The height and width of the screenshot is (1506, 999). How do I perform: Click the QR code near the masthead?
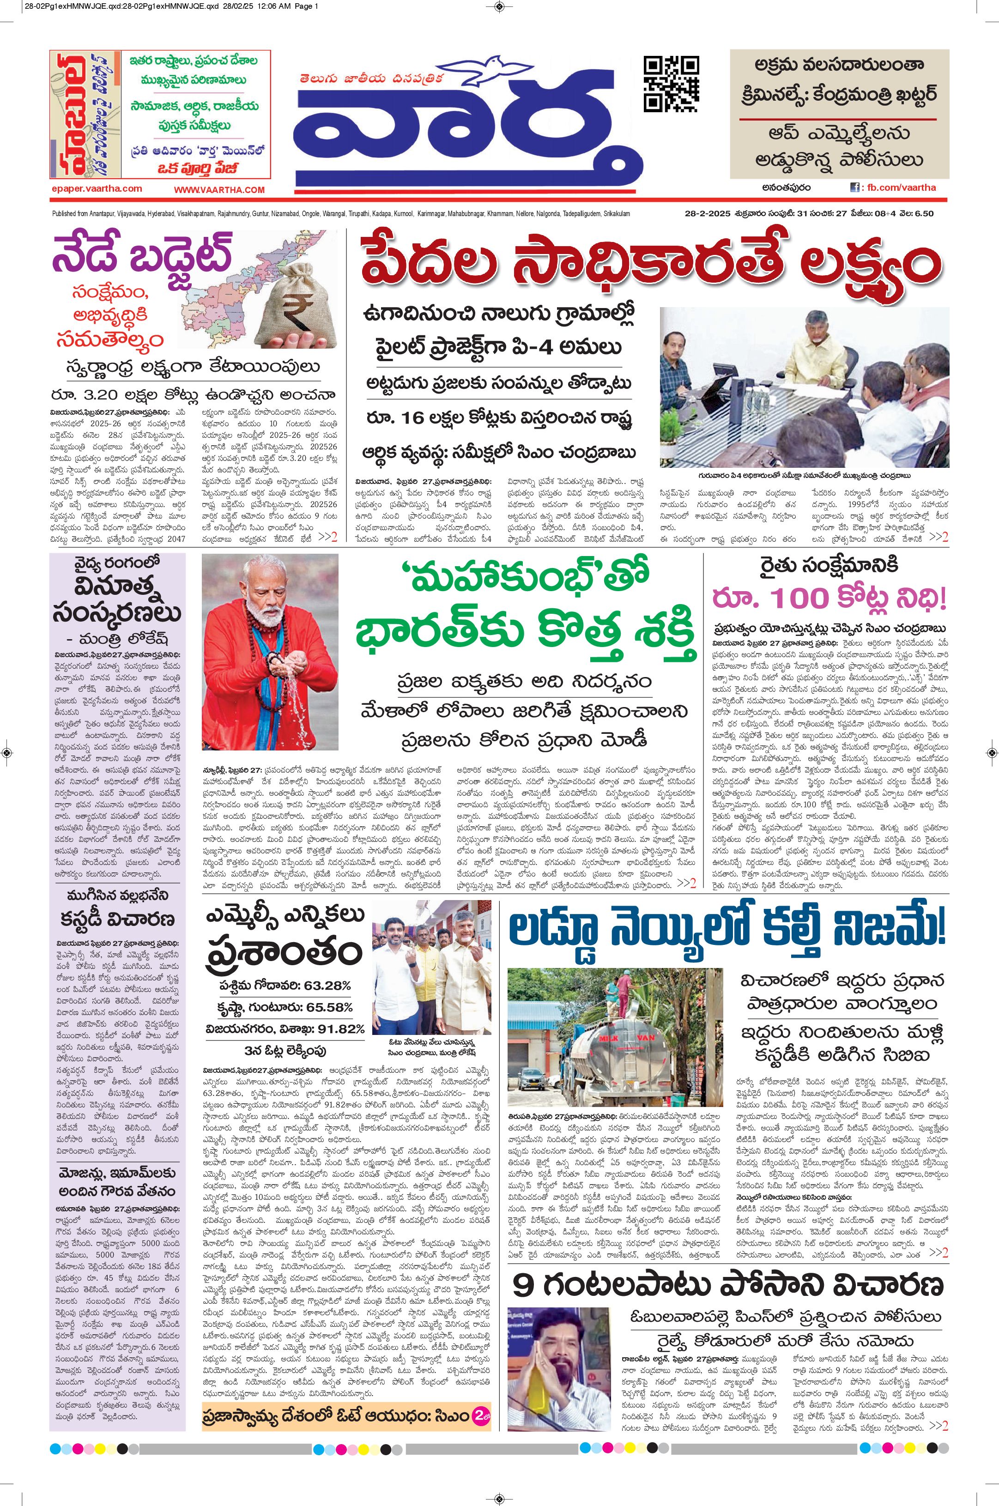[671, 84]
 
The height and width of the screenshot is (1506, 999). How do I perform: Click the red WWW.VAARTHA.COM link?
[219, 190]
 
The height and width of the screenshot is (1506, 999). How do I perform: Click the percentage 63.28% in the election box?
[327, 986]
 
